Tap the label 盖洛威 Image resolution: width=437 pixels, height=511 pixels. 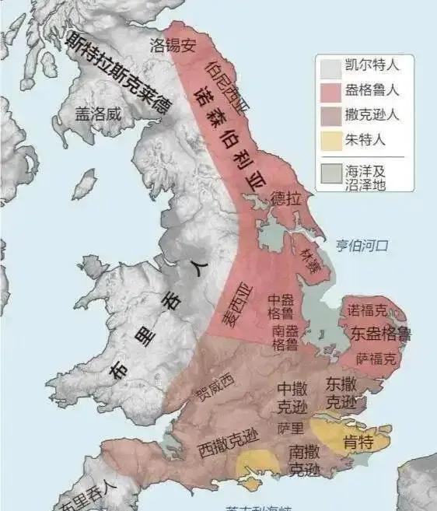[x=99, y=114]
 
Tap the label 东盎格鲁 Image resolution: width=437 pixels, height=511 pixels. [x=381, y=334]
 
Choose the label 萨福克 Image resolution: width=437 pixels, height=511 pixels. [x=376, y=359]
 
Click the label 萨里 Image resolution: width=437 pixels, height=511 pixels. [x=285, y=428]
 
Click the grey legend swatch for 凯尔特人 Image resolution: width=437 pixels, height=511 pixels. [x=329, y=67]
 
